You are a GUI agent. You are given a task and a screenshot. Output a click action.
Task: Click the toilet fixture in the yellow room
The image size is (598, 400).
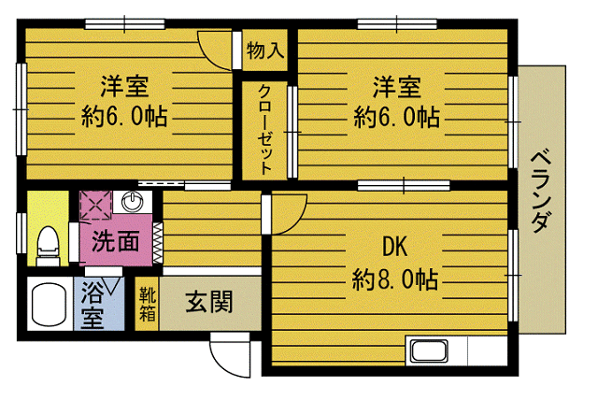point(48,247)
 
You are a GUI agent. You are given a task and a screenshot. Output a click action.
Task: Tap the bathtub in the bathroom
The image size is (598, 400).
point(50,304)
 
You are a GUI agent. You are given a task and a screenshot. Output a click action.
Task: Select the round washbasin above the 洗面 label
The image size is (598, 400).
point(133,201)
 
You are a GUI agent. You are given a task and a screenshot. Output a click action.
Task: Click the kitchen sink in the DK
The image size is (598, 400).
point(429,351)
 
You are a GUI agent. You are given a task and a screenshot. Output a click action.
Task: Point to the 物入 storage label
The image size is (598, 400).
point(265,50)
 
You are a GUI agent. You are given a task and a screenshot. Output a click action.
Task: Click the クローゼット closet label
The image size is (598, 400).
point(265,130)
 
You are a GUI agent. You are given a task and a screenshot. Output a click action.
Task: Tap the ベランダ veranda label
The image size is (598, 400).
point(542,193)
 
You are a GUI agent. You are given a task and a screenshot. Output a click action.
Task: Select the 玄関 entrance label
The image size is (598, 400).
point(209,302)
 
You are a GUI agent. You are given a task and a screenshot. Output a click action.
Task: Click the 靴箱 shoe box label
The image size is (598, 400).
point(148,305)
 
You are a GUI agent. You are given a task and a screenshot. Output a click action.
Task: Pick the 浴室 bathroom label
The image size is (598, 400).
point(93,305)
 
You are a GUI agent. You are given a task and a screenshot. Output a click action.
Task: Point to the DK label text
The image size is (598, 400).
point(394,247)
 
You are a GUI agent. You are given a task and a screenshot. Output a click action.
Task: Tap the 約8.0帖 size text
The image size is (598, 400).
point(394,279)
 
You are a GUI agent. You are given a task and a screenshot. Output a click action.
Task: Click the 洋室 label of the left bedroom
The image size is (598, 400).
point(124,86)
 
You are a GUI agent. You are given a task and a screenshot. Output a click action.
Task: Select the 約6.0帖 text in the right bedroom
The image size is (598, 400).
point(396,117)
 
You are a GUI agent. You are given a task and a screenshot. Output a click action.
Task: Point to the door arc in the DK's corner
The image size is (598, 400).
point(296,221)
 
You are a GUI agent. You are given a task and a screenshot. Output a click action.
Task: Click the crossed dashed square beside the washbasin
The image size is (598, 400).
point(95,206)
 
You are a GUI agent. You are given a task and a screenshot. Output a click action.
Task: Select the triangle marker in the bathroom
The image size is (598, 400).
point(112,286)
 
